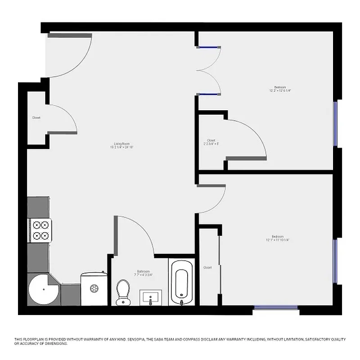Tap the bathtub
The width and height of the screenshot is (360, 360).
coord(181,283)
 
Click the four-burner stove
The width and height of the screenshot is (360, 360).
coord(40,230)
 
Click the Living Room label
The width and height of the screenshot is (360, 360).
coord(122,145)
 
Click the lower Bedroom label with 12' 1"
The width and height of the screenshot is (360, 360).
coord(277,238)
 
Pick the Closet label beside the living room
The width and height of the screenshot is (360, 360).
coord(36,117)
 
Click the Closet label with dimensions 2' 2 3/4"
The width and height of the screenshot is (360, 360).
coord(211,142)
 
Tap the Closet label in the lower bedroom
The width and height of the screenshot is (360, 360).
coord(207,267)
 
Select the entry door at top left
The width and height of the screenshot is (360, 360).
coord(70,54)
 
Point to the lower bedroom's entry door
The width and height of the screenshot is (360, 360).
coord(211,198)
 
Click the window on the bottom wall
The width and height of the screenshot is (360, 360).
coord(276,308)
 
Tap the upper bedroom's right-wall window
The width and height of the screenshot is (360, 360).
coord(335,124)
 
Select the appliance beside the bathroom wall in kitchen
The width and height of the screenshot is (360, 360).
coord(94,288)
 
